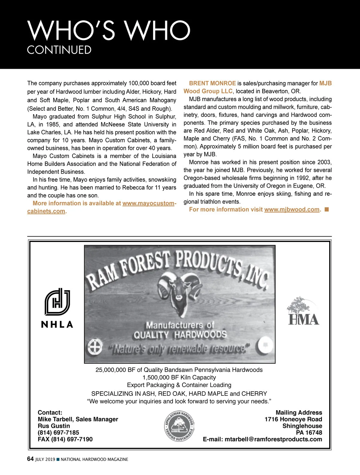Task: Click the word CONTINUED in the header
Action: click(59, 50)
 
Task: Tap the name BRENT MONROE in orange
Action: click(212, 83)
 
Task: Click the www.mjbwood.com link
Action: click(292, 210)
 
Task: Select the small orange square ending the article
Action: click(327, 210)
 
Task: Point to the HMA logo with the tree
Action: click(303, 311)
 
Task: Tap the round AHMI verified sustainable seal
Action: click(179, 426)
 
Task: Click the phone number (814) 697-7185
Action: click(58, 433)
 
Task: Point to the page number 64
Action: click(30, 459)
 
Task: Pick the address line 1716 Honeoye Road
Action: click(293, 419)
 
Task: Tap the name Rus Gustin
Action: click(54, 426)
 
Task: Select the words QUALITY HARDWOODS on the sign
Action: click(180, 335)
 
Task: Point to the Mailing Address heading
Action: click(299, 413)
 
